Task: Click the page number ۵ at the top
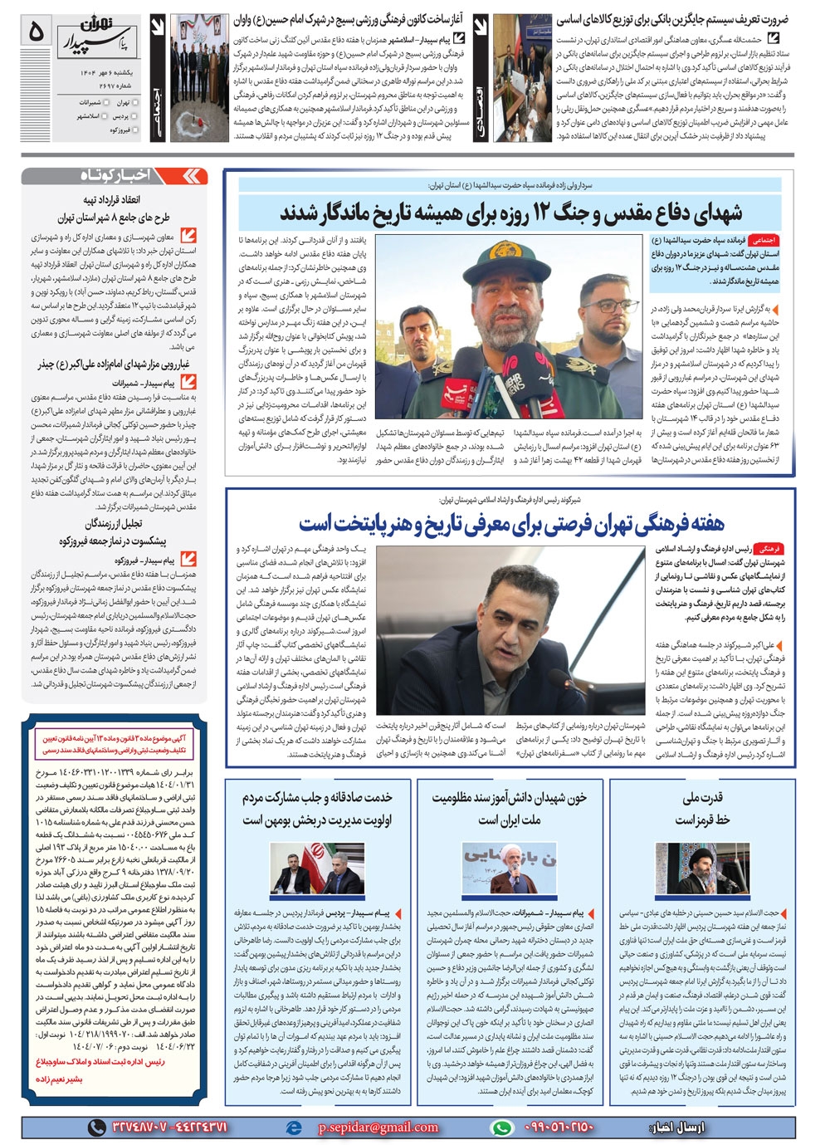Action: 37,32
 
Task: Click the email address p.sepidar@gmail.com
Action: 378,1127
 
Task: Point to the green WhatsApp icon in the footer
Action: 500,1127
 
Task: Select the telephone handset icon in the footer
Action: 98,1127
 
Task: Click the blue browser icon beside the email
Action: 293,1127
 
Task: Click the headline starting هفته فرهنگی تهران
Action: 511,523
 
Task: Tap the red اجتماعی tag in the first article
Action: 762,239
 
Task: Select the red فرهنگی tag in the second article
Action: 769,549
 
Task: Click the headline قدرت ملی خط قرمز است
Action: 702,808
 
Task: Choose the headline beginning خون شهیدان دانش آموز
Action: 509,808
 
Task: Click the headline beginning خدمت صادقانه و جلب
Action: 316,808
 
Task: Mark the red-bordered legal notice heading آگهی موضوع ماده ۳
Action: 114,743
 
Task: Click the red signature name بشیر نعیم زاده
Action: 59,1079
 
